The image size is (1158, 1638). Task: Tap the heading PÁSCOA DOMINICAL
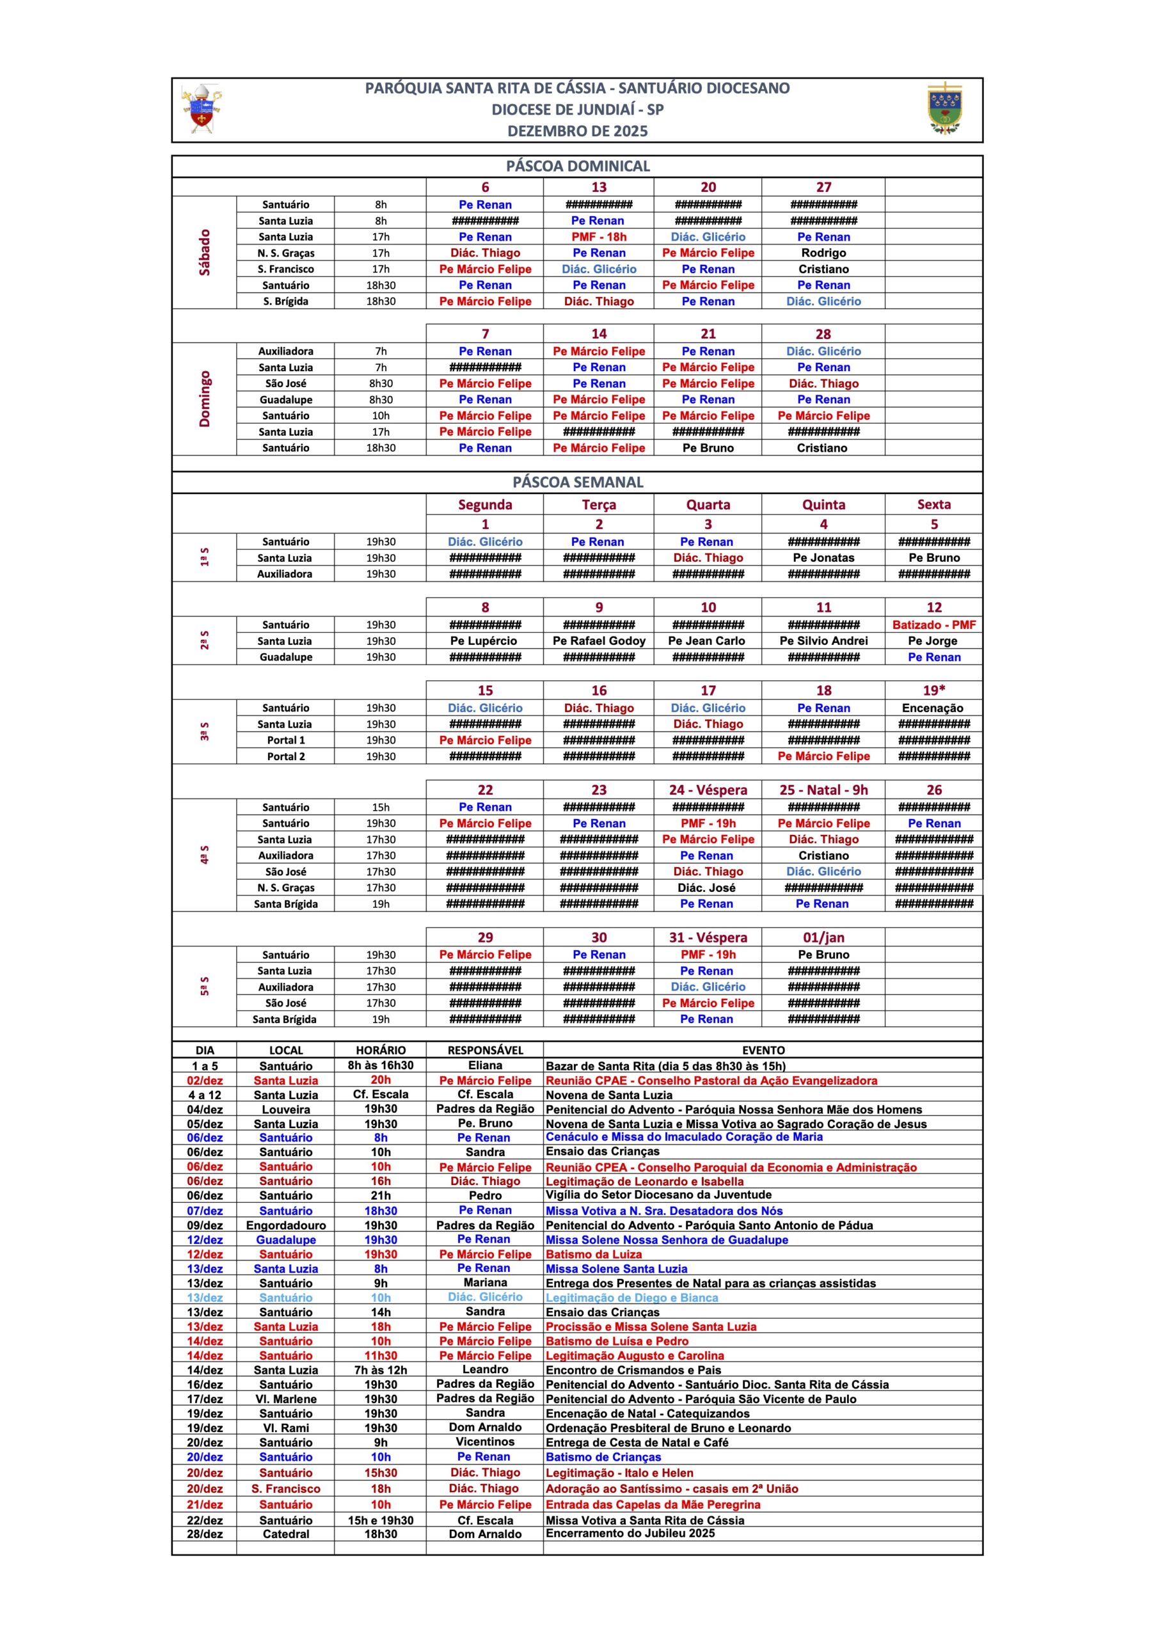[x=577, y=166]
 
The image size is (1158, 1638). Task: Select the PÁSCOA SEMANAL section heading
[x=577, y=482]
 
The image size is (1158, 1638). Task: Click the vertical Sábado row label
[x=205, y=253]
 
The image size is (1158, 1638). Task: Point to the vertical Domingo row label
[x=205, y=399]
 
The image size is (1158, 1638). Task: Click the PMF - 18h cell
[x=599, y=237]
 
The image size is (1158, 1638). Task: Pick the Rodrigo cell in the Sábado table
[x=823, y=253]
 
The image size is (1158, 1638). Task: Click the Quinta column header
[x=823, y=504]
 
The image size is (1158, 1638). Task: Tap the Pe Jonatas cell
[x=823, y=558]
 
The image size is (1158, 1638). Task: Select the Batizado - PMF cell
[x=933, y=625]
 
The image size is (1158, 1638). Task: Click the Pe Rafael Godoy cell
[x=599, y=640]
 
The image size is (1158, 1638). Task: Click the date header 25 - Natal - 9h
[x=823, y=790]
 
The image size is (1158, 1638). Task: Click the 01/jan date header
[x=823, y=937]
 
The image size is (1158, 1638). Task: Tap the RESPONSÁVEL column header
[x=485, y=1050]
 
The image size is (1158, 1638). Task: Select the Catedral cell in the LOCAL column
[x=285, y=1534]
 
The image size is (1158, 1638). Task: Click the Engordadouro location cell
[x=285, y=1225]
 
